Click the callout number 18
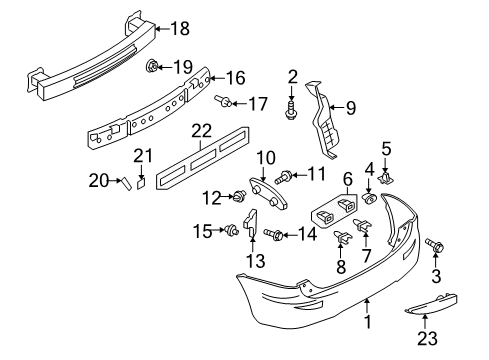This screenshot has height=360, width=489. tap(180, 28)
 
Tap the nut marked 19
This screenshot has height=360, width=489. tap(152, 66)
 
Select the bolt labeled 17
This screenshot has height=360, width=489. tap(223, 100)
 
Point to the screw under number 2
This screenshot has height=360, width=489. tap(291, 110)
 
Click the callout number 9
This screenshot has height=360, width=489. tap(351, 108)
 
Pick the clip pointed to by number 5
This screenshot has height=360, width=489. tap(386, 178)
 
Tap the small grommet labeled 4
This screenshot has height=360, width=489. tap(369, 198)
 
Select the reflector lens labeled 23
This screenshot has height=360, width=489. tap(431, 304)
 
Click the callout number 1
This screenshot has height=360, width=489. tap(368, 322)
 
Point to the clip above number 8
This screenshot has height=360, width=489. tap(342, 236)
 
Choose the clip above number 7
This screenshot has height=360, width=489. tap(363, 225)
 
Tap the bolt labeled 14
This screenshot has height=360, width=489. tap(273, 234)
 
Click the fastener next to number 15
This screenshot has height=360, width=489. tap(231, 230)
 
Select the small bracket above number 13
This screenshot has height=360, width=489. tap(251, 222)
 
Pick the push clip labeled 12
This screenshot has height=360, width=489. tap(240, 195)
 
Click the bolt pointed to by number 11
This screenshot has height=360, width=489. tap(284, 177)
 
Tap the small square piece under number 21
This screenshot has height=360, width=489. tap(141, 184)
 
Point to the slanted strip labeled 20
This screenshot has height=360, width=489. tap(126, 184)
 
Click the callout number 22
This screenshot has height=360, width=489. tap(201, 131)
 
